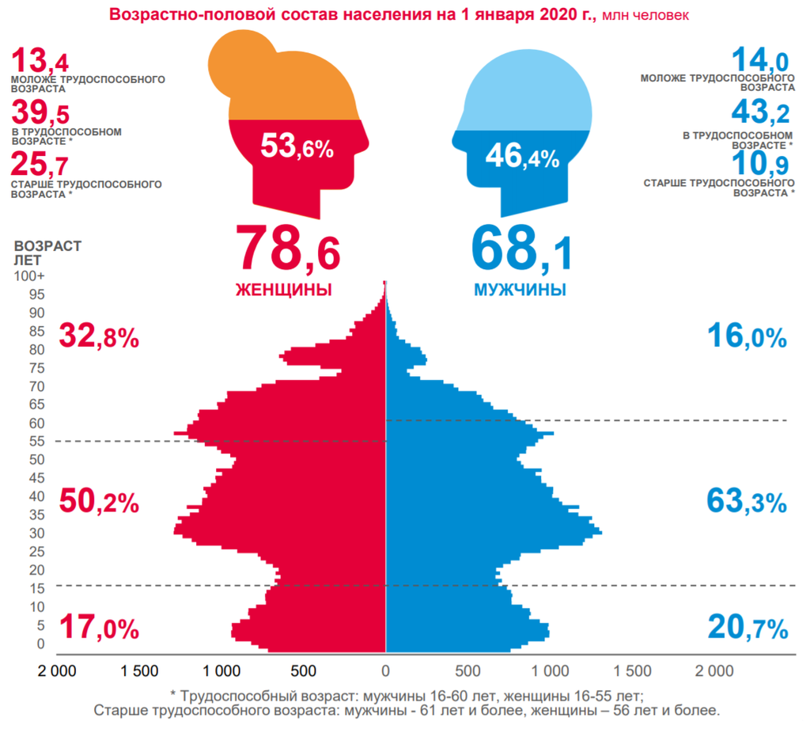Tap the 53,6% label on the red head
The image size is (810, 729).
pyautogui.click(x=297, y=146)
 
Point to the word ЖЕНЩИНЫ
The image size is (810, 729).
pyautogui.click(x=283, y=289)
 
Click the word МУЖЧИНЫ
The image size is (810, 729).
pyautogui.click(x=520, y=289)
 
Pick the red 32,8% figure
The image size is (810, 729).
pyautogui.click(x=99, y=337)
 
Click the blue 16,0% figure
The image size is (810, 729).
pyautogui.click(x=747, y=337)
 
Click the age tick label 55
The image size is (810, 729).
pyautogui.click(x=37, y=441)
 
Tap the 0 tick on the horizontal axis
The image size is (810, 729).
pyautogui.click(x=385, y=671)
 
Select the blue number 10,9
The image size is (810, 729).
pyautogui.click(x=760, y=164)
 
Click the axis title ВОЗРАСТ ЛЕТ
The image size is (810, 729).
pyautogui.click(x=47, y=252)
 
